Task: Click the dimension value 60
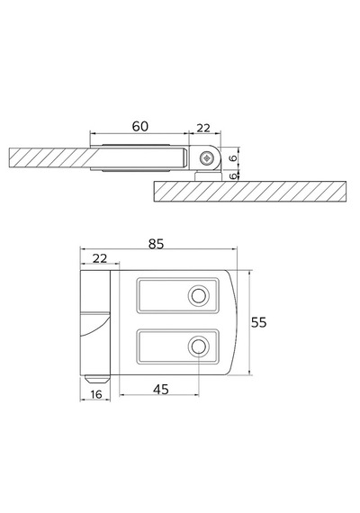[140, 126]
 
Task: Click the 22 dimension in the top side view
[203, 128]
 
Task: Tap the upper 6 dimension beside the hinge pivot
[233, 158]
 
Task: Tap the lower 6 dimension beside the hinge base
[233, 176]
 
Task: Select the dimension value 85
[156, 244]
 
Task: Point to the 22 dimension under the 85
[100, 258]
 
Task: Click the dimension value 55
[259, 322]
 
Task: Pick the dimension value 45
[161, 390]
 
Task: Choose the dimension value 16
[96, 394]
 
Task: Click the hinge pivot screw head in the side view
[206, 158]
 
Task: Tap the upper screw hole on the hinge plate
[198, 296]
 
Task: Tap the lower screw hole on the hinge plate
[198, 346]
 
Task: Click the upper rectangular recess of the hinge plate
[177, 295]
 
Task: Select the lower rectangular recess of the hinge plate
[177, 346]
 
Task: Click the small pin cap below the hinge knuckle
[95, 379]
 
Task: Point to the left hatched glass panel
[49, 158]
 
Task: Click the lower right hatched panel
[250, 192]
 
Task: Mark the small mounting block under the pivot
[208, 175]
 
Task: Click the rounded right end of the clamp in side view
[184, 158]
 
